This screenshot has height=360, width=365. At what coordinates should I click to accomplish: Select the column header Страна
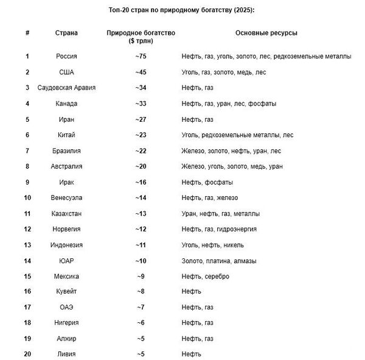point(66,32)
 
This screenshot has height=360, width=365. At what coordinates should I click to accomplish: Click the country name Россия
point(66,57)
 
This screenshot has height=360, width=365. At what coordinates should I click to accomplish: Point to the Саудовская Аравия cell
point(66,88)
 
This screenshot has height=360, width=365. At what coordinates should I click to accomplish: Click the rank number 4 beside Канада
point(27,104)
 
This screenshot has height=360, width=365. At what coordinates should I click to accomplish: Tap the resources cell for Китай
point(237,135)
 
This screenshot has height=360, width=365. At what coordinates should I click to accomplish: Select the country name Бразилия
point(66,150)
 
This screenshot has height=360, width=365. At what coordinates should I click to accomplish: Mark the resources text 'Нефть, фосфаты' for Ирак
point(207,182)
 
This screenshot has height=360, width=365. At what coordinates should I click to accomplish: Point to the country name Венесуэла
point(66,198)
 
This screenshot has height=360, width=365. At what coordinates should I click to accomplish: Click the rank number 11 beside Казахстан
point(27,213)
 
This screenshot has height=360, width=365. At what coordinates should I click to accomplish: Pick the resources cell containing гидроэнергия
point(219,229)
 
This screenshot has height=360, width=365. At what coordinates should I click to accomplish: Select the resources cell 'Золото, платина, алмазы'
point(219,261)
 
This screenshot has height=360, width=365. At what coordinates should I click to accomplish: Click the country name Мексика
point(66,276)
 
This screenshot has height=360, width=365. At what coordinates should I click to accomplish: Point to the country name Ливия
point(66,354)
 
